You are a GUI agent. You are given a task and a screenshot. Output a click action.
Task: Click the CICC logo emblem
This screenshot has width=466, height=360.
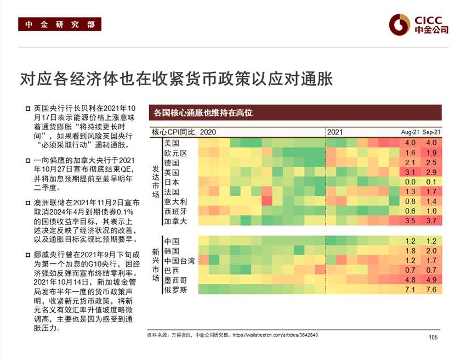[400, 24]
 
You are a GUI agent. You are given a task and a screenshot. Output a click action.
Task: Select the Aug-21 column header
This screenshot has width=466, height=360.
[410, 132]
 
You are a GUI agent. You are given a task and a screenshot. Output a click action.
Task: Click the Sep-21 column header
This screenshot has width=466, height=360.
[431, 132]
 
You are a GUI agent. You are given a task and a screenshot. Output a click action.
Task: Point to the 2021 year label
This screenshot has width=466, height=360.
[335, 132]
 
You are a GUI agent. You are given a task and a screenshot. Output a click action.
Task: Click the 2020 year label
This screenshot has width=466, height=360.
[208, 132]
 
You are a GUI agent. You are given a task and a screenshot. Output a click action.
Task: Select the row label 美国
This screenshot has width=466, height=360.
[171, 143]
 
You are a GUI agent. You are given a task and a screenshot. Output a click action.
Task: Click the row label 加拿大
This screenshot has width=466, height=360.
[175, 221]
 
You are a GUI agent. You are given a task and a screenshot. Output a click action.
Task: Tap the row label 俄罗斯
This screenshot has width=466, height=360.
[175, 290]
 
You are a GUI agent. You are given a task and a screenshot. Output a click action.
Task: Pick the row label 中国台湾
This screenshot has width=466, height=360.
[179, 261]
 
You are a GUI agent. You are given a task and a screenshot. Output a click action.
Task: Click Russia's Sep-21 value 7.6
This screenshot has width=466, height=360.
[431, 290]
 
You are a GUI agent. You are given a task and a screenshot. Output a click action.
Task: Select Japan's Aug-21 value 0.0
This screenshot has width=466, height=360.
[410, 182]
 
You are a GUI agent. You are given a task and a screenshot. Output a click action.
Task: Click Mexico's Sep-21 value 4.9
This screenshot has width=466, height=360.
[431, 280]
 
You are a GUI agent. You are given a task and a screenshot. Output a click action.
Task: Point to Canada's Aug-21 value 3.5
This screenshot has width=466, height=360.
[410, 221]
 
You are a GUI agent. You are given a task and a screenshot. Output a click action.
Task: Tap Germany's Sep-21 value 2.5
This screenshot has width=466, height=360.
[431, 162]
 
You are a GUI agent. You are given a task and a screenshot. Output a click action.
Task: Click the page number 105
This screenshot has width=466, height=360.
[433, 337]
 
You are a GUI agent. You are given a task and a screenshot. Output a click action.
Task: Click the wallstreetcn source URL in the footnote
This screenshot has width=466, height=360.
[275, 335]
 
